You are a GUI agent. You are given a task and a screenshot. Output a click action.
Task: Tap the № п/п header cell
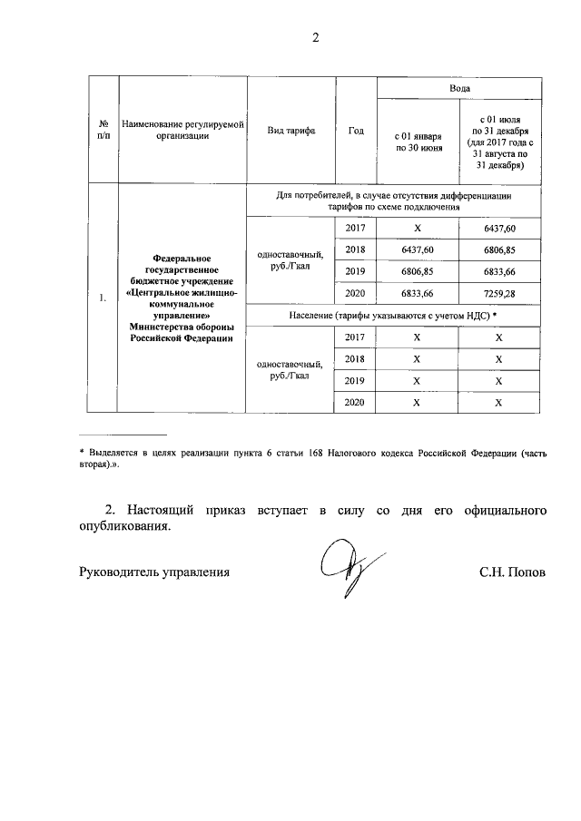(x=103, y=130)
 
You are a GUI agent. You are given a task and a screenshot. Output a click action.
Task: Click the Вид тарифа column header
(x=290, y=131)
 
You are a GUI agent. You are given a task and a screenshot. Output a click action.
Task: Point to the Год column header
(x=356, y=131)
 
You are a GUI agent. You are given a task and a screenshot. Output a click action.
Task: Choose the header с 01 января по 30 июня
(x=418, y=142)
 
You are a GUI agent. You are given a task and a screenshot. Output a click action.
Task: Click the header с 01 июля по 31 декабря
(x=499, y=142)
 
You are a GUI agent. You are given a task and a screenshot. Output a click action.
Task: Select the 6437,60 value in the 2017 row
(x=499, y=229)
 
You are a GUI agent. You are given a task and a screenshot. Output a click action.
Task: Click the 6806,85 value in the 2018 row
(x=499, y=250)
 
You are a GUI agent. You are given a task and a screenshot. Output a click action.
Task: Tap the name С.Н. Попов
(x=513, y=572)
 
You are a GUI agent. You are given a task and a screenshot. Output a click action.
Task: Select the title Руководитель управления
(x=153, y=572)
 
